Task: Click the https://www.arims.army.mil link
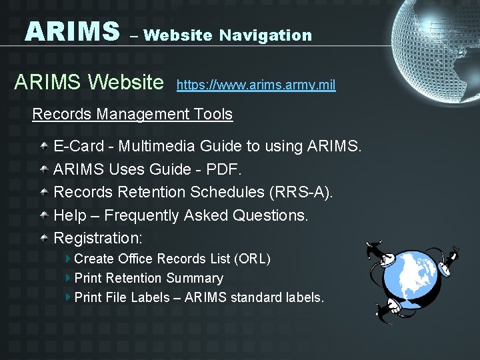tap(256, 85)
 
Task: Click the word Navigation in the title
tap(265, 35)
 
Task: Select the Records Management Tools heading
tap(133, 114)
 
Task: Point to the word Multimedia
tap(157, 146)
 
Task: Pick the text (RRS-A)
tap(301, 193)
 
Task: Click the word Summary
tap(195, 278)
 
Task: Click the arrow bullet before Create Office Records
tap(69, 258)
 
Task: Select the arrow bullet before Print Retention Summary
tap(69, 277)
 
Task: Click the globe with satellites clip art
tap(412, 279)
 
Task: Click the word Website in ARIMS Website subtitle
tap(126, 83)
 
